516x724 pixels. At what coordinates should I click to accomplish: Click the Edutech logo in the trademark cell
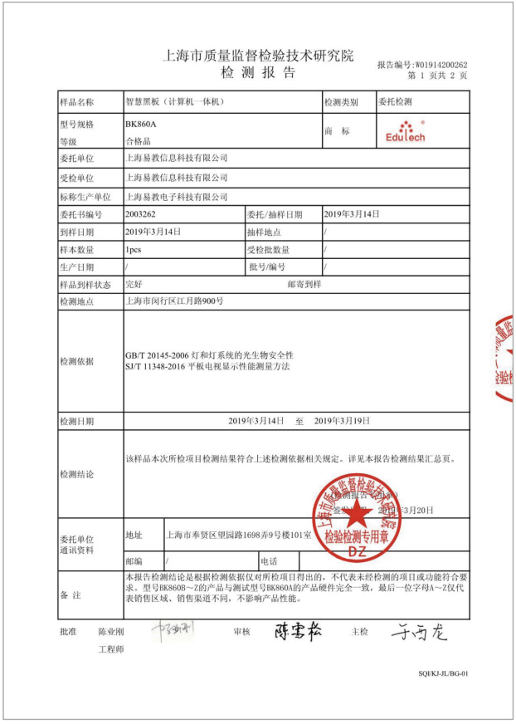tap(405, 132)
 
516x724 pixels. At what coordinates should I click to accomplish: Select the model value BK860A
tap(140, 124)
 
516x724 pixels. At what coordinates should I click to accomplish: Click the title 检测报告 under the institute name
tap(257, 73)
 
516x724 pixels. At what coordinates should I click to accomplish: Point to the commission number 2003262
tap(139, 214)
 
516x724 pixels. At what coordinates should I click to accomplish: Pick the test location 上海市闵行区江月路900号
tap(174, 301)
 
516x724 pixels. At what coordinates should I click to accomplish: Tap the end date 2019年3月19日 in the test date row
tap(343, 421)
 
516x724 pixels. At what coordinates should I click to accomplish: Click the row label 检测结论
tap(76, 474)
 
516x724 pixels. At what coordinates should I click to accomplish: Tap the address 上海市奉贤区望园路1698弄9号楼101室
tap(239, 536)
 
